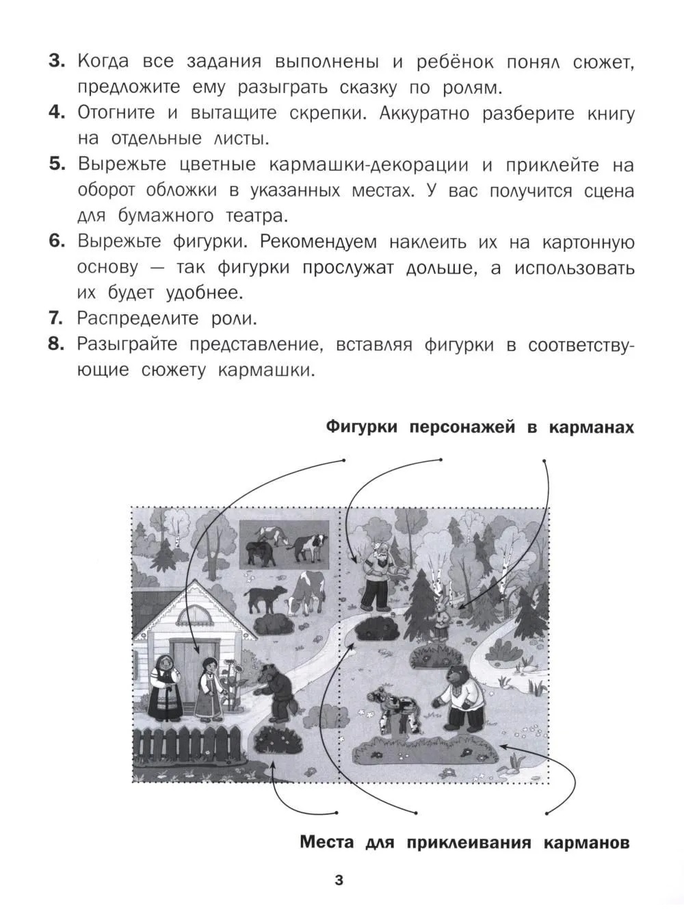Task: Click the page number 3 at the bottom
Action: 339,881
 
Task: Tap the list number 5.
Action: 57,164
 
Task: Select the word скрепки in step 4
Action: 328,113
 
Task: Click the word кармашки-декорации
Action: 369,165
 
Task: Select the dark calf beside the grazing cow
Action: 265,598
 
